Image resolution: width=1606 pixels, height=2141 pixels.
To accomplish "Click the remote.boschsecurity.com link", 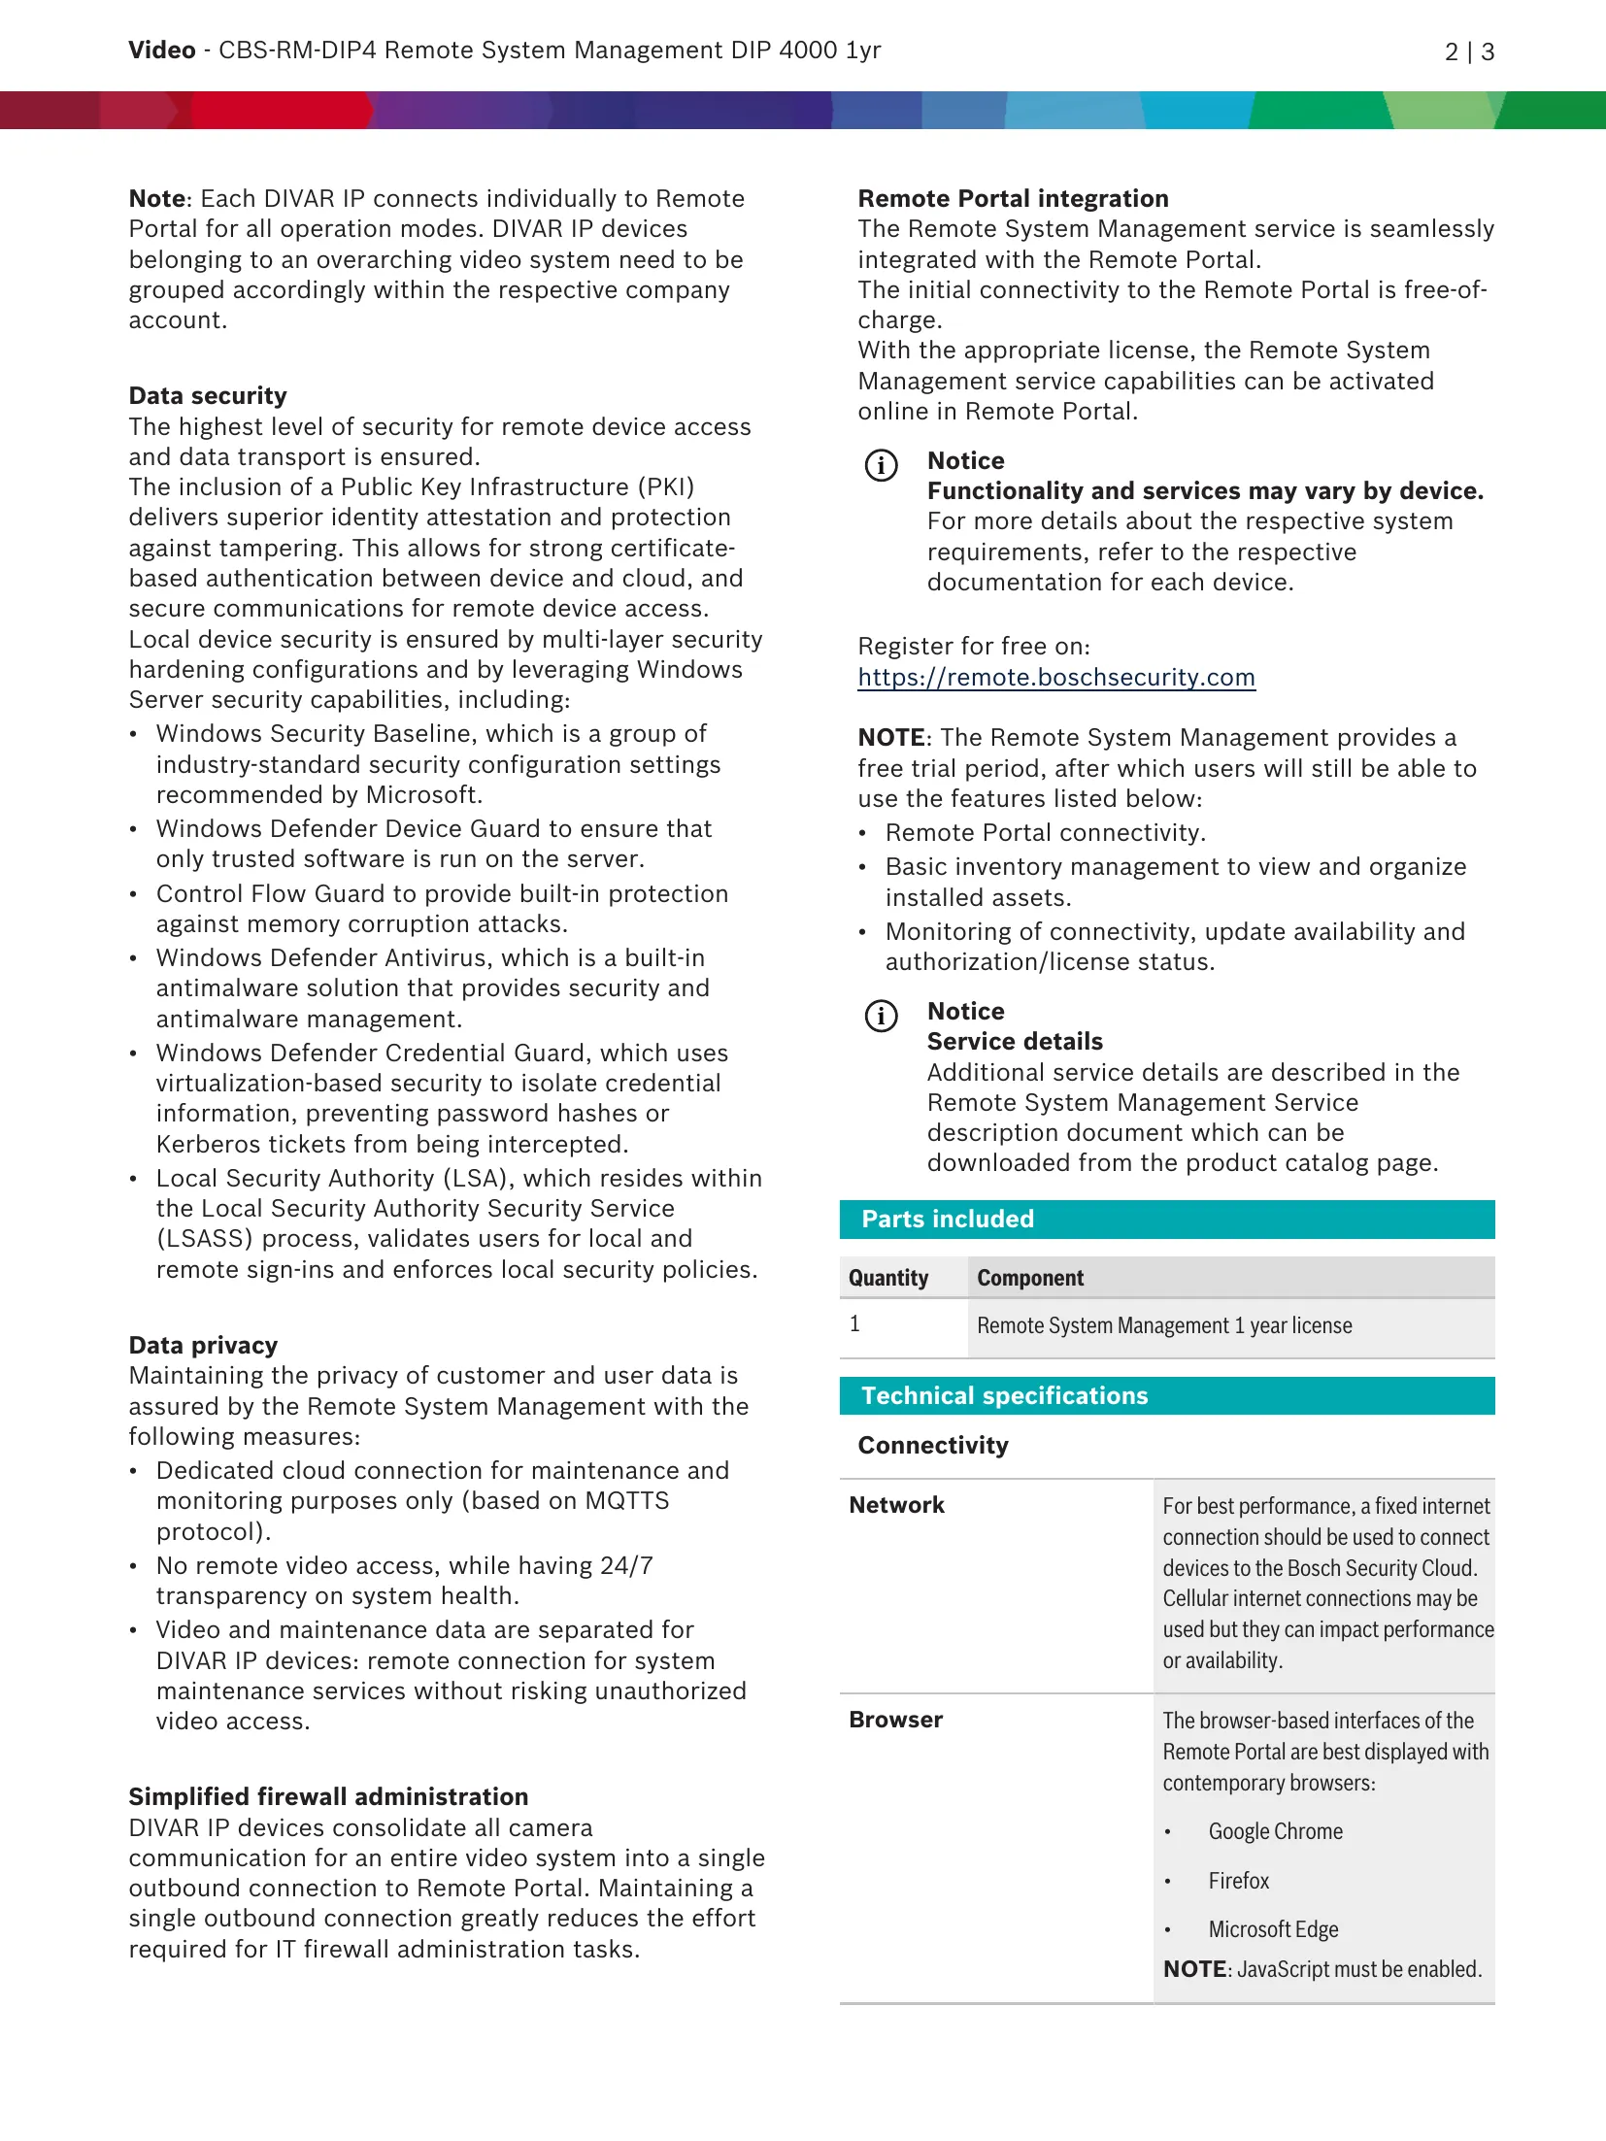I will click(1055, 678).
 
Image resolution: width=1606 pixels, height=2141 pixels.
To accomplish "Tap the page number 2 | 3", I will click(1468, 52).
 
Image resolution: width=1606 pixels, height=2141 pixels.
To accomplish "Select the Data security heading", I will click(208, 396).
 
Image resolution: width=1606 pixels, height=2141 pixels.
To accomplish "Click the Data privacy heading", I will click(203, 1346).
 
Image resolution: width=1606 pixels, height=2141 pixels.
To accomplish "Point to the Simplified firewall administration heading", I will click(328, 1797).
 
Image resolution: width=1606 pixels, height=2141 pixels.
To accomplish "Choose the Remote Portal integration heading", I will click(1013, 199).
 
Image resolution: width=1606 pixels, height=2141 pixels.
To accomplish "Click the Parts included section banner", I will click(1166, 1220).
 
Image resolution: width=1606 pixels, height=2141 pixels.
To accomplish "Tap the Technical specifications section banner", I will click(1166, 1396).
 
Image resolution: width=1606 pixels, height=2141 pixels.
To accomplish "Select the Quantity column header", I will click(888, 1279).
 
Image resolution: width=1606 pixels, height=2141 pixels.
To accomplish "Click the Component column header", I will click(1030, 1279).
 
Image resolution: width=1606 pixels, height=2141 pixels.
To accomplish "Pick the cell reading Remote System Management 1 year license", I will click(1164, 1326).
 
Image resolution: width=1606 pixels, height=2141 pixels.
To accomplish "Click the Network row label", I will click(896, 1506).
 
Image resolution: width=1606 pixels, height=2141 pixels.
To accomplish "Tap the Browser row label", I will click(895, 1721).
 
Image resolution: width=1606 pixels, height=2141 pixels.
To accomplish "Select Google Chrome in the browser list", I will click(1275, 1832).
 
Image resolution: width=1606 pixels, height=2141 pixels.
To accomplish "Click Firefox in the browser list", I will click(1238, 1882).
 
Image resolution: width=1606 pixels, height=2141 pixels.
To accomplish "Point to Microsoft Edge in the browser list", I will click(1273, 1930).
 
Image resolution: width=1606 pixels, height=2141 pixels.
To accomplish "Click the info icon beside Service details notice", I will click(881, 1017).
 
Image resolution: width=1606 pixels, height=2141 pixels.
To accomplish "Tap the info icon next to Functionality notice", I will click(881, 466).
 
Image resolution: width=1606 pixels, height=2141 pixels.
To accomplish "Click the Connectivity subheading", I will click(933, 1447).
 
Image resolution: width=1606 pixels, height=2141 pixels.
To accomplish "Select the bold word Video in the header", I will click(162, 50).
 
